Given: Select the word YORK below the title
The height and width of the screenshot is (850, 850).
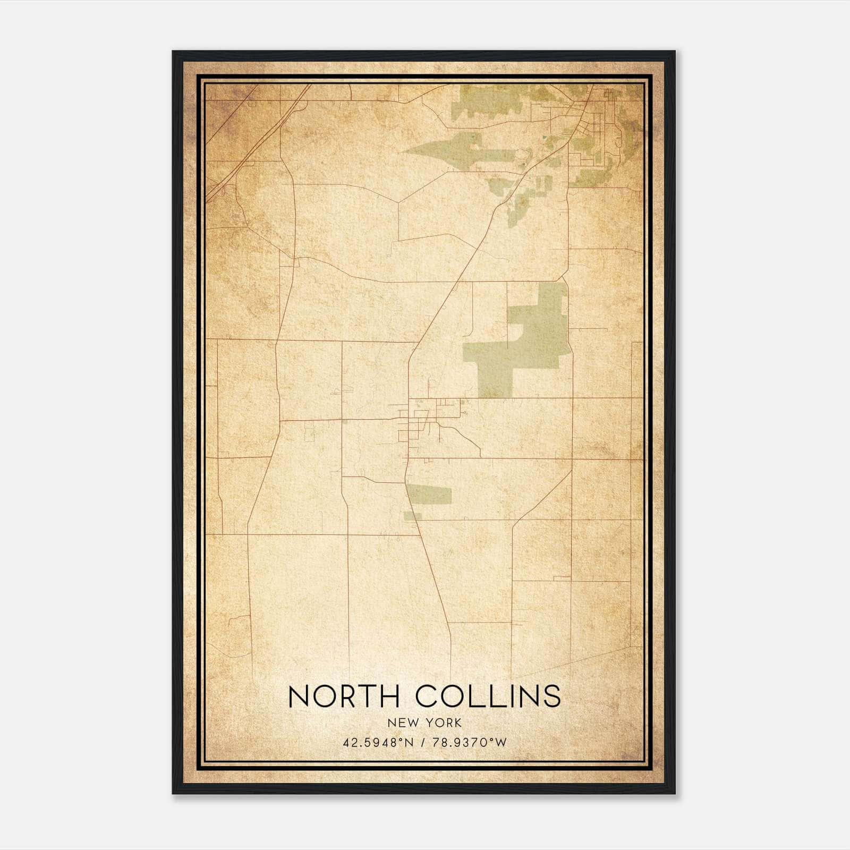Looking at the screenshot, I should [444, 722].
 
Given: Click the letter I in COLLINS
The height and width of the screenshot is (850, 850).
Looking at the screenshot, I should [509, 696].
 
